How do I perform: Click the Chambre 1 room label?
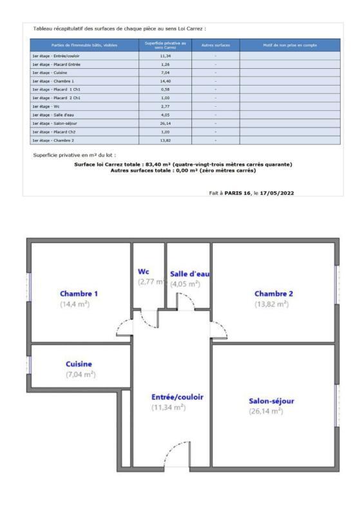(79, 294)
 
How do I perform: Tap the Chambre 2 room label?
(273, 294)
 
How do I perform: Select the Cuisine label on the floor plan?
(79, 364)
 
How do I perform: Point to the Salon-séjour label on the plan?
(271, 401)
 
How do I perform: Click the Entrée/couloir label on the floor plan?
(177, 397)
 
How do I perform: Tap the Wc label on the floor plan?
(144, 272)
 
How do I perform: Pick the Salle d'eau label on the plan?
(189, 274)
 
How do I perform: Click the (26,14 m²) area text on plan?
(266, 411)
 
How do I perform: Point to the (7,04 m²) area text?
(81, 374)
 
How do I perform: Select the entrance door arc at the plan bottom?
(174, 453)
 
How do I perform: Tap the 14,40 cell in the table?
(164, 81)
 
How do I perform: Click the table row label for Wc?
(46, 106)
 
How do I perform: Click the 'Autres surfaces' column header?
(215, 45)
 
